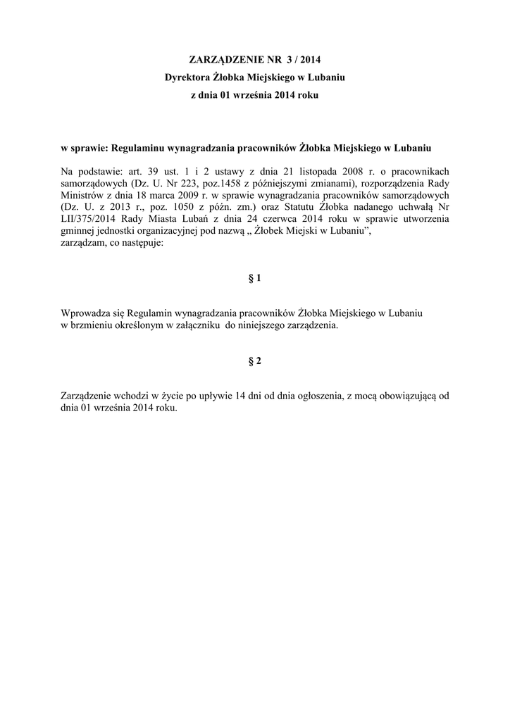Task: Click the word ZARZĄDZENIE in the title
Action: pyautogui.click(x=224, y=59)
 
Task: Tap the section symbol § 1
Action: pyautogui.click(x=255, y=278)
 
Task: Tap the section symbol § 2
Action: pyautogui.click(x=255, y=361)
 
